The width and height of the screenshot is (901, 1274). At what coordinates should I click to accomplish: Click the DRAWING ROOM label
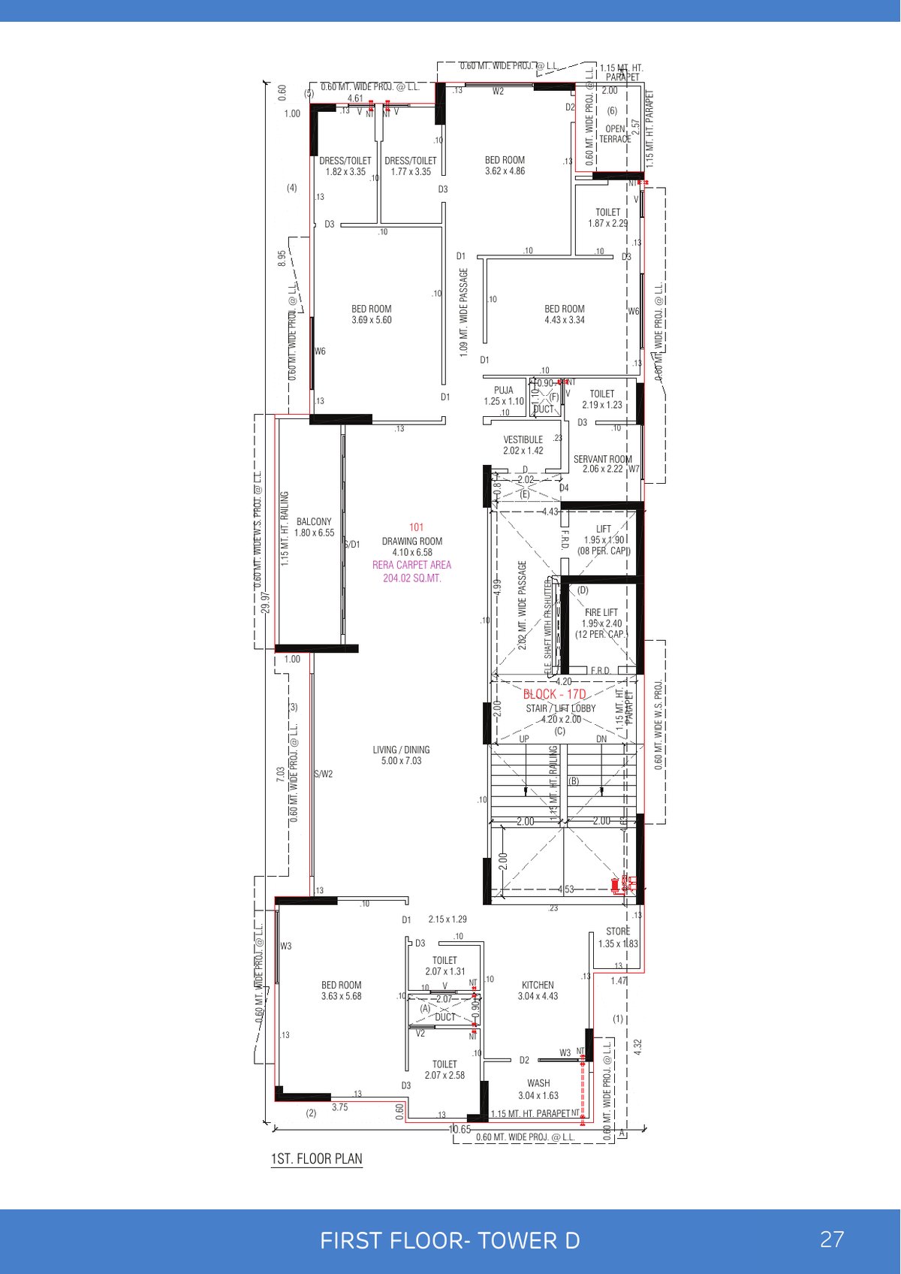[412, 542]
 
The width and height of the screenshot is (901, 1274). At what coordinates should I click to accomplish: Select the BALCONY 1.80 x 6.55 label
[314, 527]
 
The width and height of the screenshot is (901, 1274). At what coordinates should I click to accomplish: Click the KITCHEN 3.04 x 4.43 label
[538, 990]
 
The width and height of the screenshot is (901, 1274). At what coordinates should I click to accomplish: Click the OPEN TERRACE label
[615, 134]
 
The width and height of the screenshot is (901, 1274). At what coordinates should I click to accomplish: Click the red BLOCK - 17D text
[554, 694]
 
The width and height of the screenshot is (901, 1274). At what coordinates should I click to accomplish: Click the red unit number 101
[416, 527]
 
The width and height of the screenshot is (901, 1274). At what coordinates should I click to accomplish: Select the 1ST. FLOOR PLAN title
[316, 1159]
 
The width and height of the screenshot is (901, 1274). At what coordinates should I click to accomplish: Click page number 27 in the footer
[832, 1239]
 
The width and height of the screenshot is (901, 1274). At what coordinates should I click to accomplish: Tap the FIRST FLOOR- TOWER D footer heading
[450, 1241]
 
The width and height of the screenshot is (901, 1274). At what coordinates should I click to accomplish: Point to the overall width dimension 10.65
[460, 1129]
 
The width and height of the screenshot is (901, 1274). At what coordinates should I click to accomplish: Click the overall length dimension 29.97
[266, 602]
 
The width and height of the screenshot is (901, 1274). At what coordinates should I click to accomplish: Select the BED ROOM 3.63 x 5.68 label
[342, 990]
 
